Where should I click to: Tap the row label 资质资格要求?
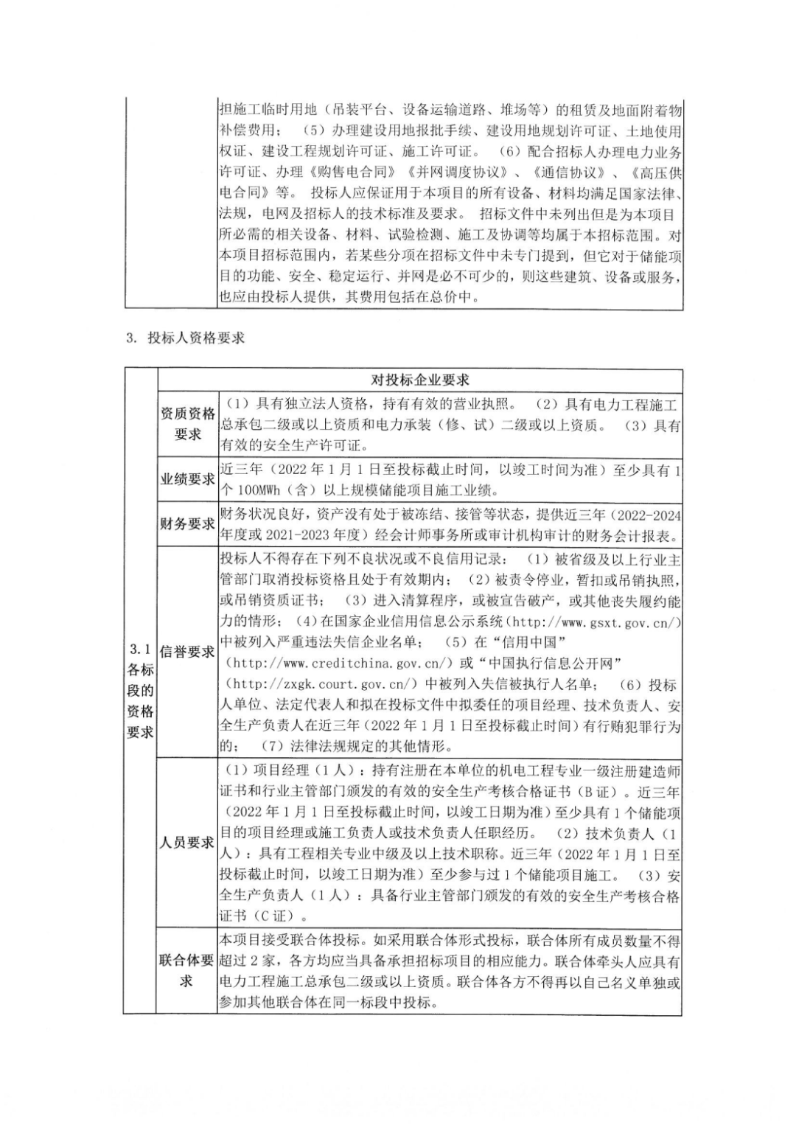point(188,424)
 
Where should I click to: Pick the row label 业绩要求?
point(188,479)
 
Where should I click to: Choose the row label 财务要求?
point(188,523)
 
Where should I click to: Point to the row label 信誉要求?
point(188,652)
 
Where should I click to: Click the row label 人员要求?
point(188,842)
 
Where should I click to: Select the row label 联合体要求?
point(188,971)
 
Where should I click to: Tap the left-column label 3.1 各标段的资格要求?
point(140,690)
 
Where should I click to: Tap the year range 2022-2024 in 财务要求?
point(643,515)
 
